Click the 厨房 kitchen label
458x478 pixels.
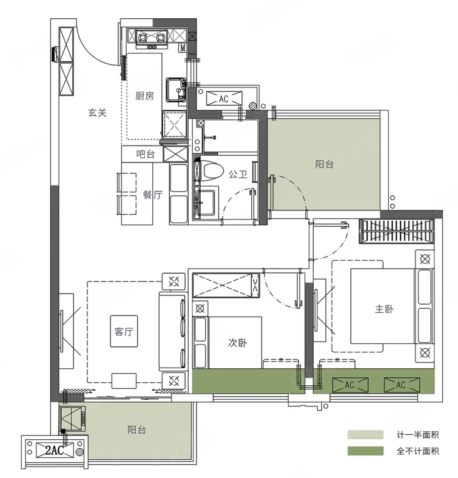coord(144,96)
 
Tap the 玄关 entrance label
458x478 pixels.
coord(97,113)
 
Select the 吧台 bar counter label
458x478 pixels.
coord(145,154)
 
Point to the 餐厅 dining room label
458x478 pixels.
coord(153,195)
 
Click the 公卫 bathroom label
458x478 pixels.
coord(238,174)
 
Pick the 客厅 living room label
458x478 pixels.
coord(124,331)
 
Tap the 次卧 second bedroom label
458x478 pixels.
coord(237,343)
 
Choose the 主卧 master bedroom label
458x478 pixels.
coord(384,309)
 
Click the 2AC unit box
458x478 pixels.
coord(55,450)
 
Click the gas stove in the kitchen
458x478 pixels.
coord(152,38)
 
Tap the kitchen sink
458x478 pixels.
coord(176,90)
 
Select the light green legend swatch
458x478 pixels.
coord(365,434)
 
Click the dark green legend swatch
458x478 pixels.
coord(365,451)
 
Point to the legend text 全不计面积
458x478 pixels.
coord(417,451)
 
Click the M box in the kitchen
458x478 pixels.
coord(183,47)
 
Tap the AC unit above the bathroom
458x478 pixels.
coord(224,98)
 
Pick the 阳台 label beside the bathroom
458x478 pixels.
coord(324,164)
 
